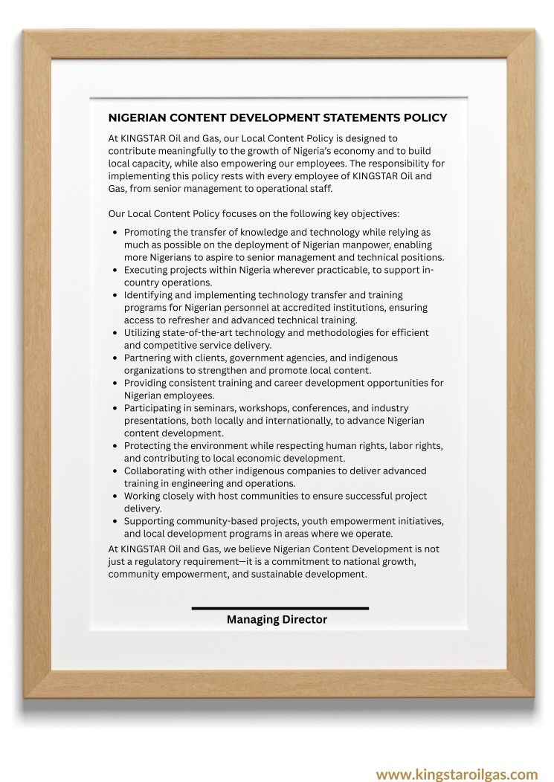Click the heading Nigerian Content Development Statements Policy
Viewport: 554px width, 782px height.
coord(277,118)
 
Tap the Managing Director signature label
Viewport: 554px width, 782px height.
coord(277,620)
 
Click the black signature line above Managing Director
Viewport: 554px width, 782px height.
coord(280,608)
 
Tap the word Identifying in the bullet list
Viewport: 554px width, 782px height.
coord(151,295)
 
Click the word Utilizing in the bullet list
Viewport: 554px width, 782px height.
coord(144,333)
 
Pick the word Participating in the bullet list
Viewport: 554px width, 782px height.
coord(154,408)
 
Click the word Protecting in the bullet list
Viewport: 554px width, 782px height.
coord(149,446)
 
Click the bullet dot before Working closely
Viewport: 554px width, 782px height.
coord(115,497)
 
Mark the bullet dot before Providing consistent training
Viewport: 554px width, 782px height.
coord(115,384)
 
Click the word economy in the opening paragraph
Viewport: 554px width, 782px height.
coord(322,151)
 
